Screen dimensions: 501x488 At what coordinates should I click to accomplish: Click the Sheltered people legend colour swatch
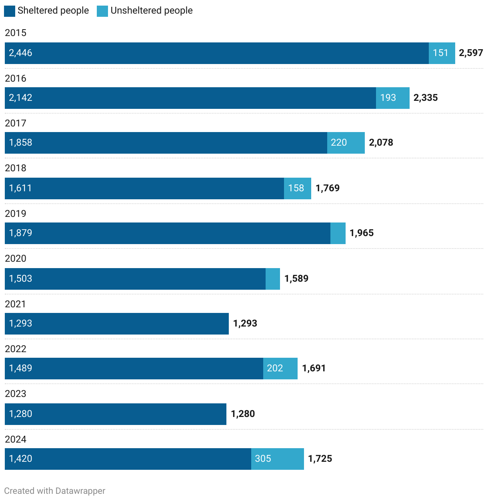pyautogui.click(x=10, y=11)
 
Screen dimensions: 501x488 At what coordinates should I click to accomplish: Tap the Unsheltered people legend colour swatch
pyautogui.click(x=102, y=11)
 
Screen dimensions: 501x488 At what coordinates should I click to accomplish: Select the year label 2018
pyautogui.click(x=16, y=168)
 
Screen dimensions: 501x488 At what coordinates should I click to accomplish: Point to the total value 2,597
pyautogui.click(x=471, y=53)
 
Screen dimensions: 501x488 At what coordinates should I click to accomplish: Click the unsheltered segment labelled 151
pyautogui.click(x=442, y=53)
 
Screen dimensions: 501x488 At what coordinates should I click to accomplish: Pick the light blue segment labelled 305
pyautogui.click(x=277, y=459)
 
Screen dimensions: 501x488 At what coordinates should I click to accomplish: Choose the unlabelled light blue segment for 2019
pyautogui.click(x=338, y=233)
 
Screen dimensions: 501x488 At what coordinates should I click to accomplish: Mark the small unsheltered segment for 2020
pyautogui.click(x=273, y=279)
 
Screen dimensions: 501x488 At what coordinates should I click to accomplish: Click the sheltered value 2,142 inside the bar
pyautogui.click(x=21, y=98)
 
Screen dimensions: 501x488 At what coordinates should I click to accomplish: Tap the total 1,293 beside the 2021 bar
pyautogui.click(x=245, y=323)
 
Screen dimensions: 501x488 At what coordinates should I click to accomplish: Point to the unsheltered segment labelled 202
pyautogui.click(x=280, y=369)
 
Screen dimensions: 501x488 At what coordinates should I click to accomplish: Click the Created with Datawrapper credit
pyautogui.click(x=55, y=491)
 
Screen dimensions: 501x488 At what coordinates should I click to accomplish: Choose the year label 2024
pyautogui.click(x=16, y=439)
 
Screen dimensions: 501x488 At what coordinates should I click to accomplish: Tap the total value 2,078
pyautogui.click(x=381, y=143)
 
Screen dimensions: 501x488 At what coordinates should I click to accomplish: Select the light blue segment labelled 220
pyautogui.click(x=346, y=143)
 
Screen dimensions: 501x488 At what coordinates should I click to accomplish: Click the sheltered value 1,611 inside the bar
pyautogui.click(x=20, y=188)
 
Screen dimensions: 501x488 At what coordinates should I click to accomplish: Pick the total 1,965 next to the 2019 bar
pyautogui.click(x=362, y=233)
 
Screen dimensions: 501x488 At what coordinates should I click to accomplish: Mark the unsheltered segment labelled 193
pyautogui.click(x=392, y=98)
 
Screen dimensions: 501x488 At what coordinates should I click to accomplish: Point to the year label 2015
pyautogui.click(x=16, y=33)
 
